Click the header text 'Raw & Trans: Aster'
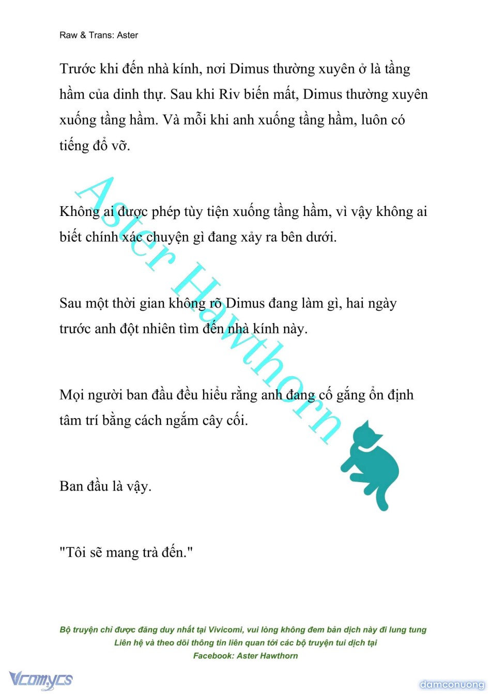coord(99,35)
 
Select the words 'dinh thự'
coord(139,95)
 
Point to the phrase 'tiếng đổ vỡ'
coord(94,146)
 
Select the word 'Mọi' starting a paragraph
coord(72,395)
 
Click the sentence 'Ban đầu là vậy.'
coord(105,487)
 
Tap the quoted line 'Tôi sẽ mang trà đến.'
coord(126,553)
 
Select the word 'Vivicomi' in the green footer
coord(225,629)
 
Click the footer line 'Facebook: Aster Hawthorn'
coord(245,656)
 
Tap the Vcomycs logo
coord(41,679)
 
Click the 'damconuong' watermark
coord(452,685)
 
